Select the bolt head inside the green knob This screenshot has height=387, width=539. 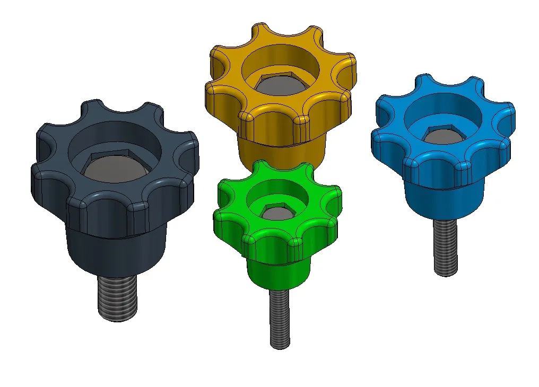pos(276,213)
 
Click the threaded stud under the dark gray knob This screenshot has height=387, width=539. pos(118,298)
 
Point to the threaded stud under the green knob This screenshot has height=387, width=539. pos(280,318)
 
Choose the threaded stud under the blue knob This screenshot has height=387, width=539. pos(445,247)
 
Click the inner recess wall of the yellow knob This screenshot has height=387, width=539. pos(281,58)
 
